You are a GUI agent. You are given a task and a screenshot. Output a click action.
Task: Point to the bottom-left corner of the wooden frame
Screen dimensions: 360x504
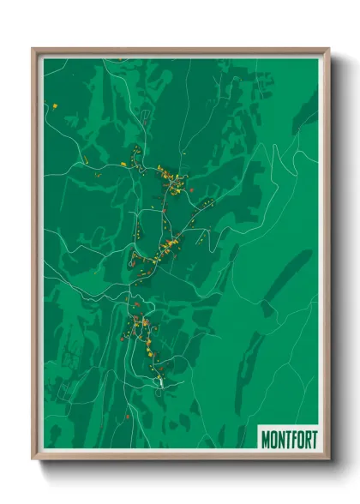pyautogui.click(x=33, y=458)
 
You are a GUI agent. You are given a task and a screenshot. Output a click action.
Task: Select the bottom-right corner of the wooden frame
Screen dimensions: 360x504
pyautogui.click(x=328, y=458)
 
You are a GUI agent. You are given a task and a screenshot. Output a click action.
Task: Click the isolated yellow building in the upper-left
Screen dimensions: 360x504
pyautogui.click(x=55, y=106)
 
